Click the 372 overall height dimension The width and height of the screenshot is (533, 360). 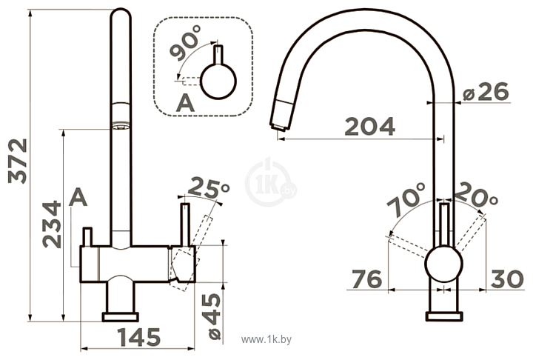click(x=18, y=161)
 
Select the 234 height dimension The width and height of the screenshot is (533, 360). click(x=52, y=224)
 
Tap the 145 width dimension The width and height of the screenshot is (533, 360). click(x=138, y=337)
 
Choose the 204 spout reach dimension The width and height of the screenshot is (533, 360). click(x=370, y=126)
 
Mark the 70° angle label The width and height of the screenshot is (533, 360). click(x=406, y=200)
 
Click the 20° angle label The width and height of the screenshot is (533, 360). click(x=475, y=196)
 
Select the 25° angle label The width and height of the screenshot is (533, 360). click(x=209, y=188)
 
